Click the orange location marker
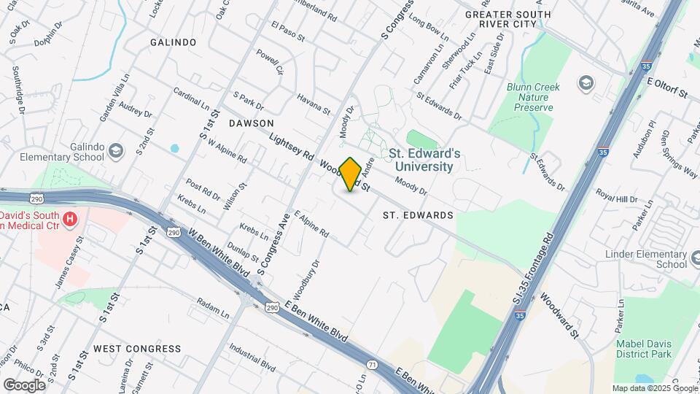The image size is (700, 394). click(x=351, y=174)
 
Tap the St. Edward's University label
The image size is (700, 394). click(x=424, y=160)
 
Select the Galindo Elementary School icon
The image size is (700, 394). click(x=115, y=151)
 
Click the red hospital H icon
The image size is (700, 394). click(x=70, y=218)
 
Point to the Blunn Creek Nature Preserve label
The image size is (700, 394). click(x=533, y=97)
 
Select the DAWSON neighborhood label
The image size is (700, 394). click(x=251, y=123)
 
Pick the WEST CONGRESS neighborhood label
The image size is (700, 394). click(x=137, y=349)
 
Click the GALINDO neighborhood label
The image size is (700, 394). click(x=174, y=42)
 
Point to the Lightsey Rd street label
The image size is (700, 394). click(x=291, y=145)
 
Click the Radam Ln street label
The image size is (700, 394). click(x=213, y=309)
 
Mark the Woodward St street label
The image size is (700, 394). click(x=559, y=316)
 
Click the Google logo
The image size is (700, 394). click(x=24, y=385)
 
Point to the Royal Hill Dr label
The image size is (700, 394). click(x=616, y=197)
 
